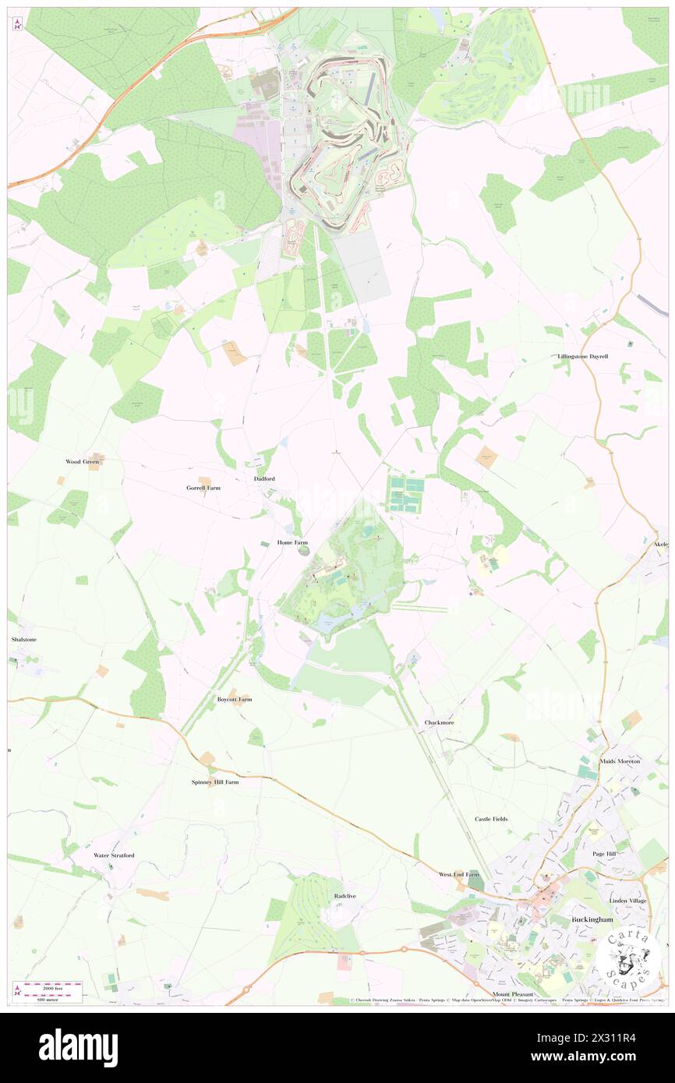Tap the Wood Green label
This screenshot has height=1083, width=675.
[83, 461]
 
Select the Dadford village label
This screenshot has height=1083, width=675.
[264, 478]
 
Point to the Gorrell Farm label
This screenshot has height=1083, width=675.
[203, 488]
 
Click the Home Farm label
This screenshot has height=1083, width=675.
[292, 542]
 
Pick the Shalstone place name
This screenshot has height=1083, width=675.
[23, 639]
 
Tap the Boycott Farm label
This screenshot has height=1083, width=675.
[235, 700]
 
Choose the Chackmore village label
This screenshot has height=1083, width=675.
[439, 722]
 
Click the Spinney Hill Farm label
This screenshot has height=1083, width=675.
[215, 781]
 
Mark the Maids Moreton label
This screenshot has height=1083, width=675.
[620, 760]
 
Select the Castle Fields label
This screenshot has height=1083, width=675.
[491, 819]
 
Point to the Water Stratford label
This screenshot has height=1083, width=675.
[114, 855]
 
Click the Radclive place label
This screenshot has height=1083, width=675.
[345, 896]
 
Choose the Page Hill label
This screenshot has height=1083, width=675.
[604, 854]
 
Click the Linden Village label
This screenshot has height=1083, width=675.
[628, 901]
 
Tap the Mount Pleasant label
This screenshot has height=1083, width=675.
[513, 995]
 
